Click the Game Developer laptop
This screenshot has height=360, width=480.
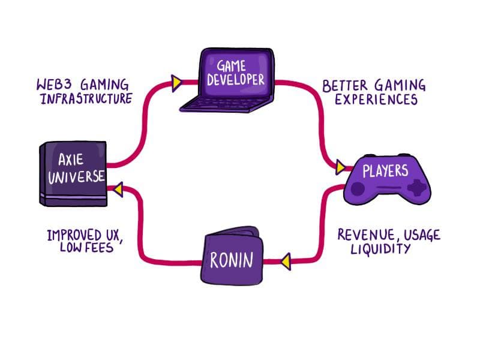pos(231,78)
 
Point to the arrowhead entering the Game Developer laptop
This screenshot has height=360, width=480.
pos(176,83)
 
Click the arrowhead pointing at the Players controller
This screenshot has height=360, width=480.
pos(340,167)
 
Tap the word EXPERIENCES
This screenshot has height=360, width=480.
pos(376,100)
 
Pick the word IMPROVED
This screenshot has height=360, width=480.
pos(69,233)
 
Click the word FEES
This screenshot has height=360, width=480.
pos(99,247)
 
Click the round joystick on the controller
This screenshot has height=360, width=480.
pos(358,189)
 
